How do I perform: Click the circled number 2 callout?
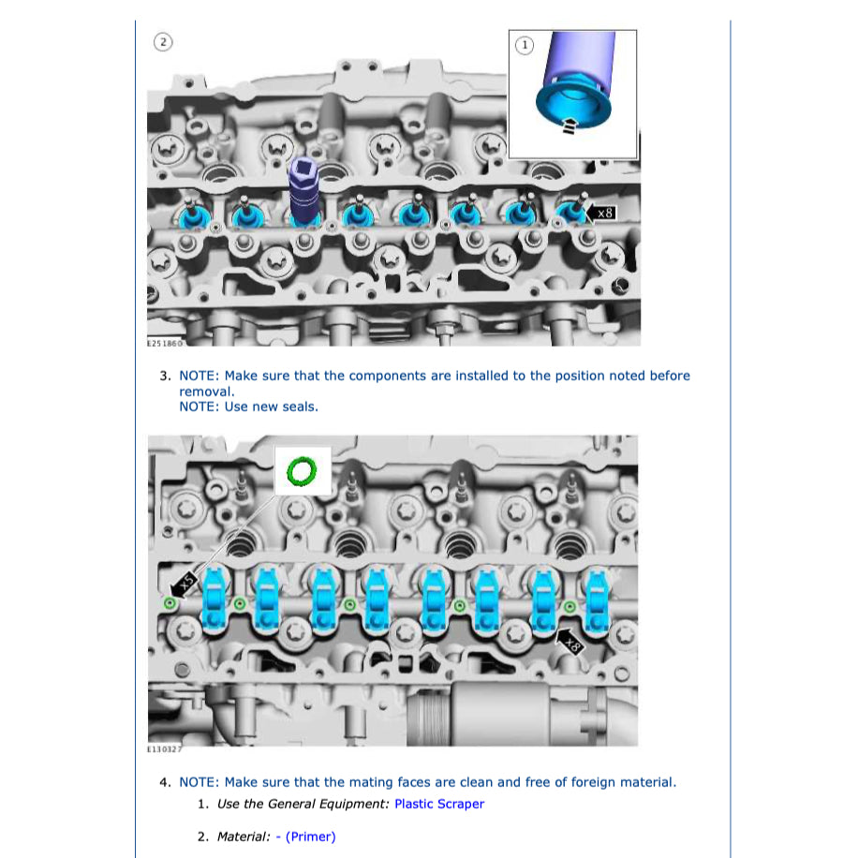(163, 42)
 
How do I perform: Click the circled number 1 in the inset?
(525, 45)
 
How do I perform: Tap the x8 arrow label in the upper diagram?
(600, 213)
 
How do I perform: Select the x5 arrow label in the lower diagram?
(183, 584)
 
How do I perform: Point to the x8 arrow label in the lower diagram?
(570, 642)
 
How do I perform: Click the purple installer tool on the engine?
(303, 189)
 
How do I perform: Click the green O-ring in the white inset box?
(302, 471)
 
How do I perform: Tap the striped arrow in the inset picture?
(570, 126)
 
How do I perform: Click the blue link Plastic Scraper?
(439, 804)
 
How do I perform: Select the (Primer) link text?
(310, 836)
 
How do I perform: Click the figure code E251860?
(164, 343)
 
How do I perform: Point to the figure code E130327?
(164, 749)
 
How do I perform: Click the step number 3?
(165, 376)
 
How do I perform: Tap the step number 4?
(165, 782)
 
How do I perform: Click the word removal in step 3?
(206, 392)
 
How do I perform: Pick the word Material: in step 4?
(244, 836)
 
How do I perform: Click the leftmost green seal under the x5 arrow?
(170, 603)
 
